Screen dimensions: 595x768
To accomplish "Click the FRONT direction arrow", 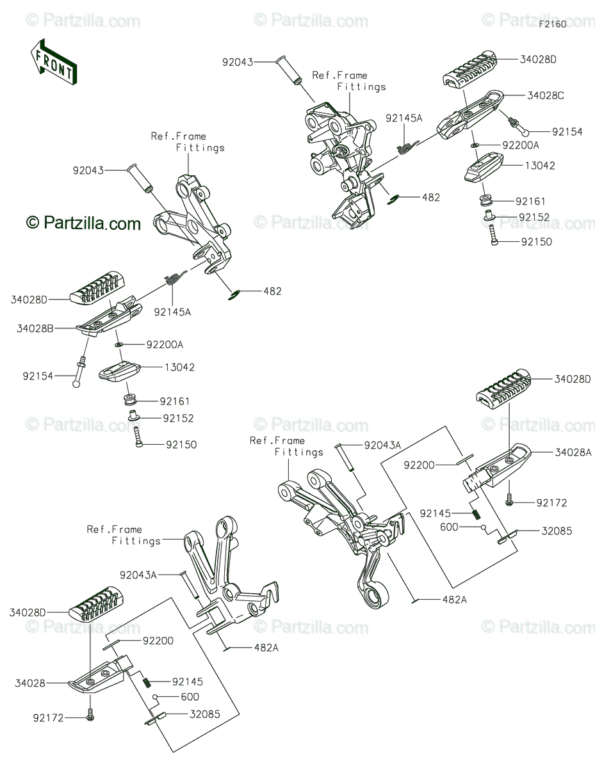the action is coord(54,62).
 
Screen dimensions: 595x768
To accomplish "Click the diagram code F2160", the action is coord(553,24).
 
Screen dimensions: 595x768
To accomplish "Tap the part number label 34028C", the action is coord(546,95).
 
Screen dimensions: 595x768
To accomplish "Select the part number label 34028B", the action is coord(35,329).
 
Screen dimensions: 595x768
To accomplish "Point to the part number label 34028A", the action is coord(573,452).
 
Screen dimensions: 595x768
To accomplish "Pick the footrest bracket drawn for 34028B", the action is coord(109,316).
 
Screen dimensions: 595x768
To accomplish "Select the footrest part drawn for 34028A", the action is coord(497,467).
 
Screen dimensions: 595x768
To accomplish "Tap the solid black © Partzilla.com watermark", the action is coord(83,223).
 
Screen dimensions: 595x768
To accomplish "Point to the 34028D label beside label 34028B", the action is coord(29,300).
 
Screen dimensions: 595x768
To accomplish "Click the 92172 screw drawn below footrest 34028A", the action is coord(509,499).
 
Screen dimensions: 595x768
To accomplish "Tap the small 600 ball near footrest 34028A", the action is coord(484,527).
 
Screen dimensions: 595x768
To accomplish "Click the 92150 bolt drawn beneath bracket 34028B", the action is coord(138,437).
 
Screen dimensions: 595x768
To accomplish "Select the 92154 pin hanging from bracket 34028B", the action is coord(79,372).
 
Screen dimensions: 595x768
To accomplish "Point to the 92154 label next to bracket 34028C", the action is coord(567,131).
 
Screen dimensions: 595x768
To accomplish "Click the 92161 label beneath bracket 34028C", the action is coord(530,201).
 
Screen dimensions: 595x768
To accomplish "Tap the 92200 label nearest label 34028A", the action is coord(419,465).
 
